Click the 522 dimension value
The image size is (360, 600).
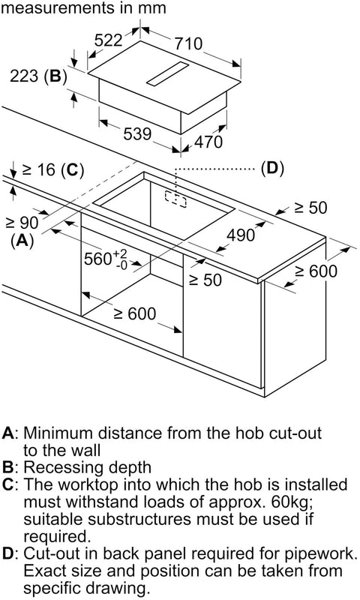[108, 40]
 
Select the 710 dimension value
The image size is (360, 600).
[188, 43]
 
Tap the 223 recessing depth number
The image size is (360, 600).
[24, 76]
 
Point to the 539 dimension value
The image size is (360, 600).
[137, 134]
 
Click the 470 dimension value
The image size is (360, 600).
[208, 142]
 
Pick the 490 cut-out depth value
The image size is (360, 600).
[241, 235]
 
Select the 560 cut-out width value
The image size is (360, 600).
[98, 259]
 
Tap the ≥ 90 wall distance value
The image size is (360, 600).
[22, 223]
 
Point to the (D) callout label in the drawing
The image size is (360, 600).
[272, 168]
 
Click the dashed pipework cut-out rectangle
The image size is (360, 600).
[175, 199]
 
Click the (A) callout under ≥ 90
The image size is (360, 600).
[22, 241]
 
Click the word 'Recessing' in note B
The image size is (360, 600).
[63, 467]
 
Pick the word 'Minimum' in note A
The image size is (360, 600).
[58, 433]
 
